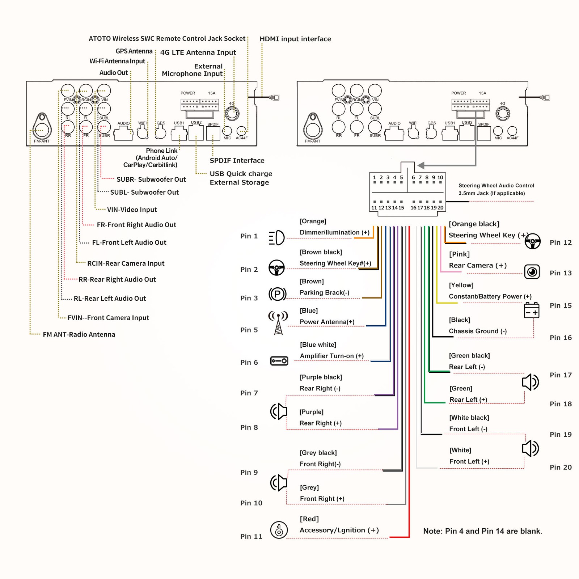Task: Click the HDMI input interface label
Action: click(x=295, y=39)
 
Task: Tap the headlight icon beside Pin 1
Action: click(x=277, y=238)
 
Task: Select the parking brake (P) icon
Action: click(x=278, y=294)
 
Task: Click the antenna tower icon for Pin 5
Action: click(x=278, y=322)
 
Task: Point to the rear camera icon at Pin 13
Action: click(x=532, y=272)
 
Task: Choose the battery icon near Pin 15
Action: click(x=532, y=310)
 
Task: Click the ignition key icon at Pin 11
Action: click(x=279, y=530)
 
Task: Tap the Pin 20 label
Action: click(x=561, y=467)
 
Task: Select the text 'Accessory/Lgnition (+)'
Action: click(x=339, y=530)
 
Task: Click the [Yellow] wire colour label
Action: click(x=461, y=285)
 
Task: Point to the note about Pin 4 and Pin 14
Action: click(x=483, y=531)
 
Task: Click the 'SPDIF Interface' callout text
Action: click(x=237, y=160)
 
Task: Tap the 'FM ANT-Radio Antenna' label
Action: click(x=79, y=334)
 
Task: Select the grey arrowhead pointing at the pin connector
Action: click(x=421, y=165)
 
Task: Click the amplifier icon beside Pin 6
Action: click(x=279, y=361)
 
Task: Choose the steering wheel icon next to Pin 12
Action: click(x=533, y=241)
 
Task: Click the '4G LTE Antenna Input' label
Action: click(x=198, y=52)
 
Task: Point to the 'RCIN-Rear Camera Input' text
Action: click(x=126, y=263)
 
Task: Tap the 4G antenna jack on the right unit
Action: click(x=503, y=114)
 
